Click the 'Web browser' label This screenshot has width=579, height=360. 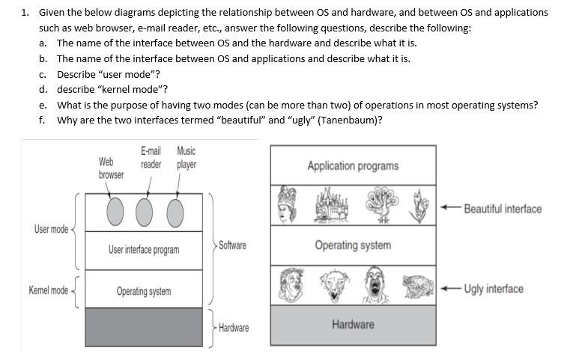[x=111, y=168]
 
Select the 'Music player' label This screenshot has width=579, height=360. [x=187, y=157]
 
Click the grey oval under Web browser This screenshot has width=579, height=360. [x=115, y=212]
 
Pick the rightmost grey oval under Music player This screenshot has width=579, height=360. [x=175, y=212]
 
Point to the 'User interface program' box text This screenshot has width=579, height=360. [x=143, y=249]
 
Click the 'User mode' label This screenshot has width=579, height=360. [x=51, y=228]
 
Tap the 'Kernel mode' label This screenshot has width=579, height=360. [x=48, y=290]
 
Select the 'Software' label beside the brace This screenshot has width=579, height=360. [x=232, y=245]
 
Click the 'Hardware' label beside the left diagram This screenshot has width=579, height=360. [x=234, y=328]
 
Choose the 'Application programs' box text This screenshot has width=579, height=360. [x=353, y=165]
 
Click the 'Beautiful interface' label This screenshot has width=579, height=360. [x=503, y=208]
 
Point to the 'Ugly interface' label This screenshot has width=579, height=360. [x=494, y=289]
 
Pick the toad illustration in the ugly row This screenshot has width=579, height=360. [x=418, y=287]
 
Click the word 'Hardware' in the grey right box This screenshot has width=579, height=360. [x=353, y=324]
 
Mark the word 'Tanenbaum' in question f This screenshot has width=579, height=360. [x=348, y=120]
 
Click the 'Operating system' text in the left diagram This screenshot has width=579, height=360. [x=143, y=291]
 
